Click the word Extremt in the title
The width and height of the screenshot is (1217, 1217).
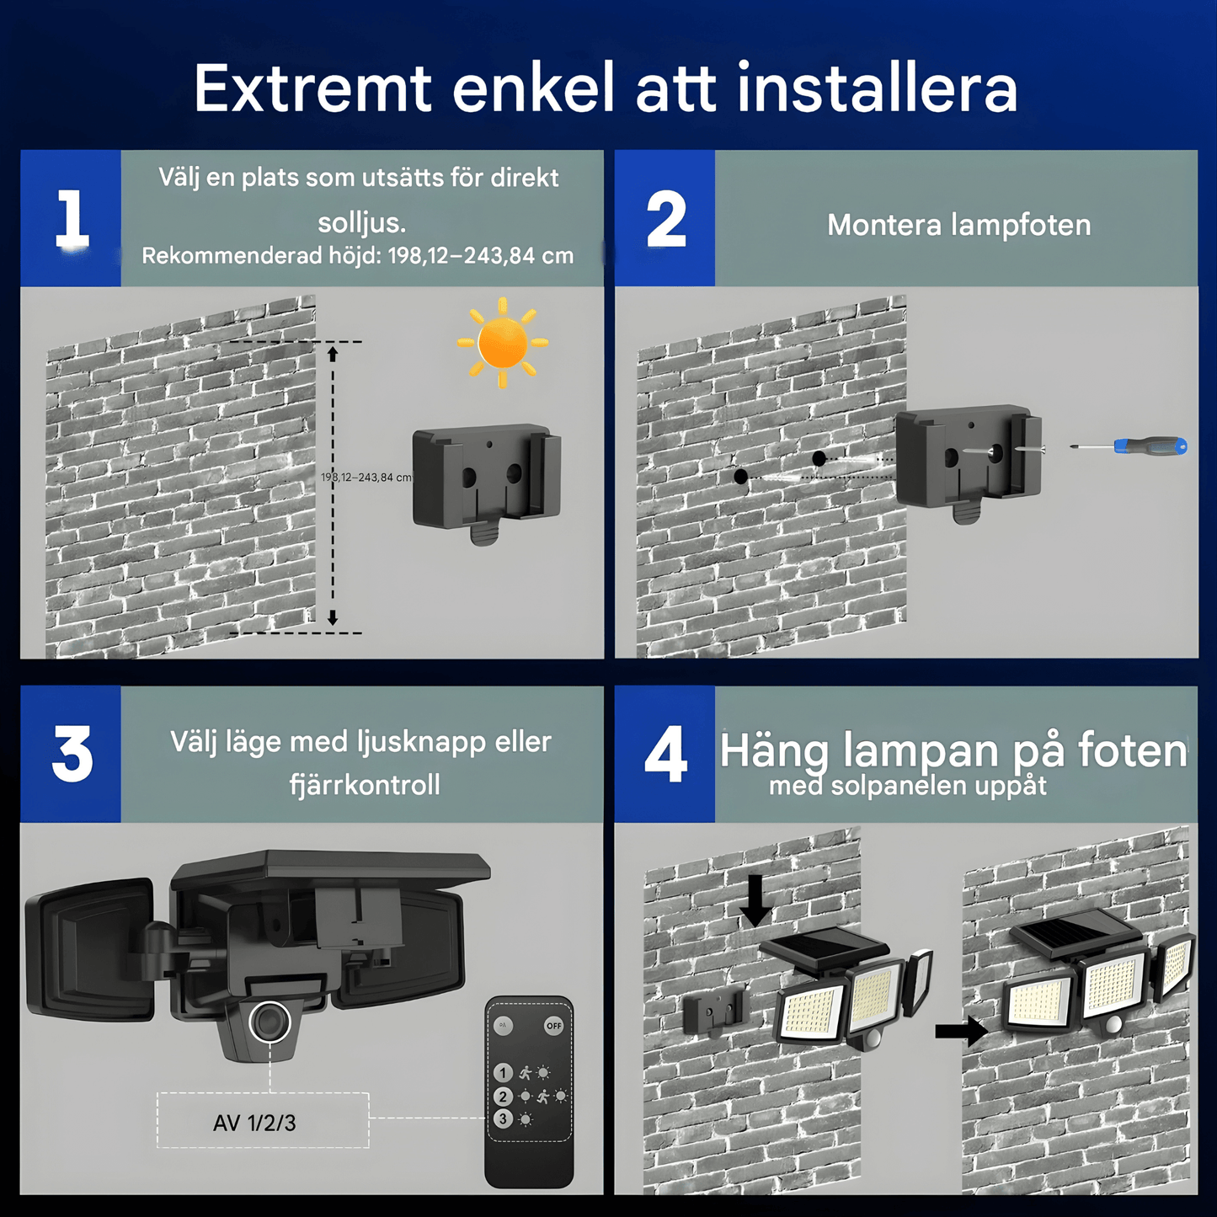point(312,88)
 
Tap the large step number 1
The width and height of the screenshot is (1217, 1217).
point(72,218)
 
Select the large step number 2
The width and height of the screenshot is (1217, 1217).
point(665,218)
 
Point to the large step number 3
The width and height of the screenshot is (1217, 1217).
point(72,754)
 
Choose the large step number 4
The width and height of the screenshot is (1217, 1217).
point(665,754)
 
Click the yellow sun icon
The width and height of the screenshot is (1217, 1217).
point(503,342)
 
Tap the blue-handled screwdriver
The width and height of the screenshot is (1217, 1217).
point(1129,446)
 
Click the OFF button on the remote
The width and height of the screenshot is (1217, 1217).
point(554,1026)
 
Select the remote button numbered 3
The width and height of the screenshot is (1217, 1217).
point(503,1119)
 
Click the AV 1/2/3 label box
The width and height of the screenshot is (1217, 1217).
point(263,1120)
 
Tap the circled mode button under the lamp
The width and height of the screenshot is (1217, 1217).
point(270,1022)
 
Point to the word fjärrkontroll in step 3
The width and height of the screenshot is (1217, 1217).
point(365,785)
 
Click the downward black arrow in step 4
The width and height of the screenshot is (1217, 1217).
point(755,901)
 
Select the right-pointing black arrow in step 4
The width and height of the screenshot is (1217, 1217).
point(961,1031)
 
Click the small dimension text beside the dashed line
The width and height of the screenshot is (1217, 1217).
point(366,478)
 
